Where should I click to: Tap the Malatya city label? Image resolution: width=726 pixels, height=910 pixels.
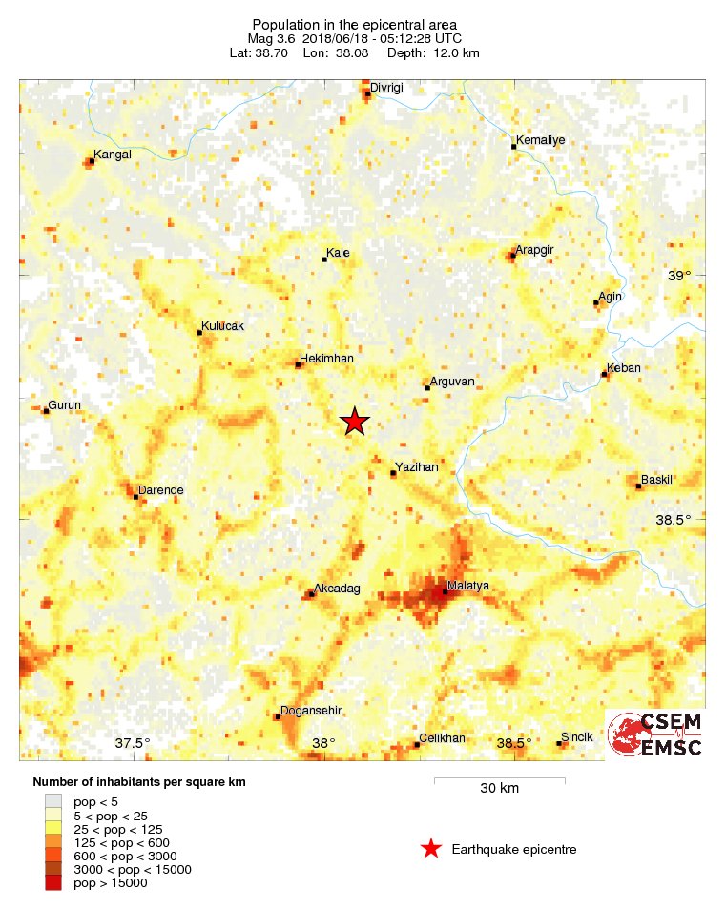(x=468, y=585)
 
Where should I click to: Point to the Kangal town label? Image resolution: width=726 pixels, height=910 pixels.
(x=114, y=154)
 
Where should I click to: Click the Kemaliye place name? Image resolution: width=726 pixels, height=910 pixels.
(x=540, y=140)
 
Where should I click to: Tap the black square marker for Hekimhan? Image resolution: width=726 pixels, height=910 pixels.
(x=299, y=364)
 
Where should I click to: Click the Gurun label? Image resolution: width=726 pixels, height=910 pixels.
(x=66, y=405)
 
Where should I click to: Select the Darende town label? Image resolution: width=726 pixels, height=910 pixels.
(x=161, y=490)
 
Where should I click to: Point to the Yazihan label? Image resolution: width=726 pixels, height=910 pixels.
(x=416, y=466)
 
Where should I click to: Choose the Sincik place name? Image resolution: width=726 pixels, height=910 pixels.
(x=576, y=737)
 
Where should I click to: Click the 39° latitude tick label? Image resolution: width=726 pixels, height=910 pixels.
(x=679, y=276)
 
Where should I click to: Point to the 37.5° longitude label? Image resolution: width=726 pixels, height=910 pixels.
(x=133, y=743)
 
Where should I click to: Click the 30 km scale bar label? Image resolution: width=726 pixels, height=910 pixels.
(x=499, y=789)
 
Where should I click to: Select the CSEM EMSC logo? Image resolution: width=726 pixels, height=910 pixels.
(x=656, y=734)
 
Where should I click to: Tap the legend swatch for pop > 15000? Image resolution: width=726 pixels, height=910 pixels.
(x=53, y=883)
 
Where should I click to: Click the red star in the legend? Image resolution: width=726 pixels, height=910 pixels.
(x=431, y=849)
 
